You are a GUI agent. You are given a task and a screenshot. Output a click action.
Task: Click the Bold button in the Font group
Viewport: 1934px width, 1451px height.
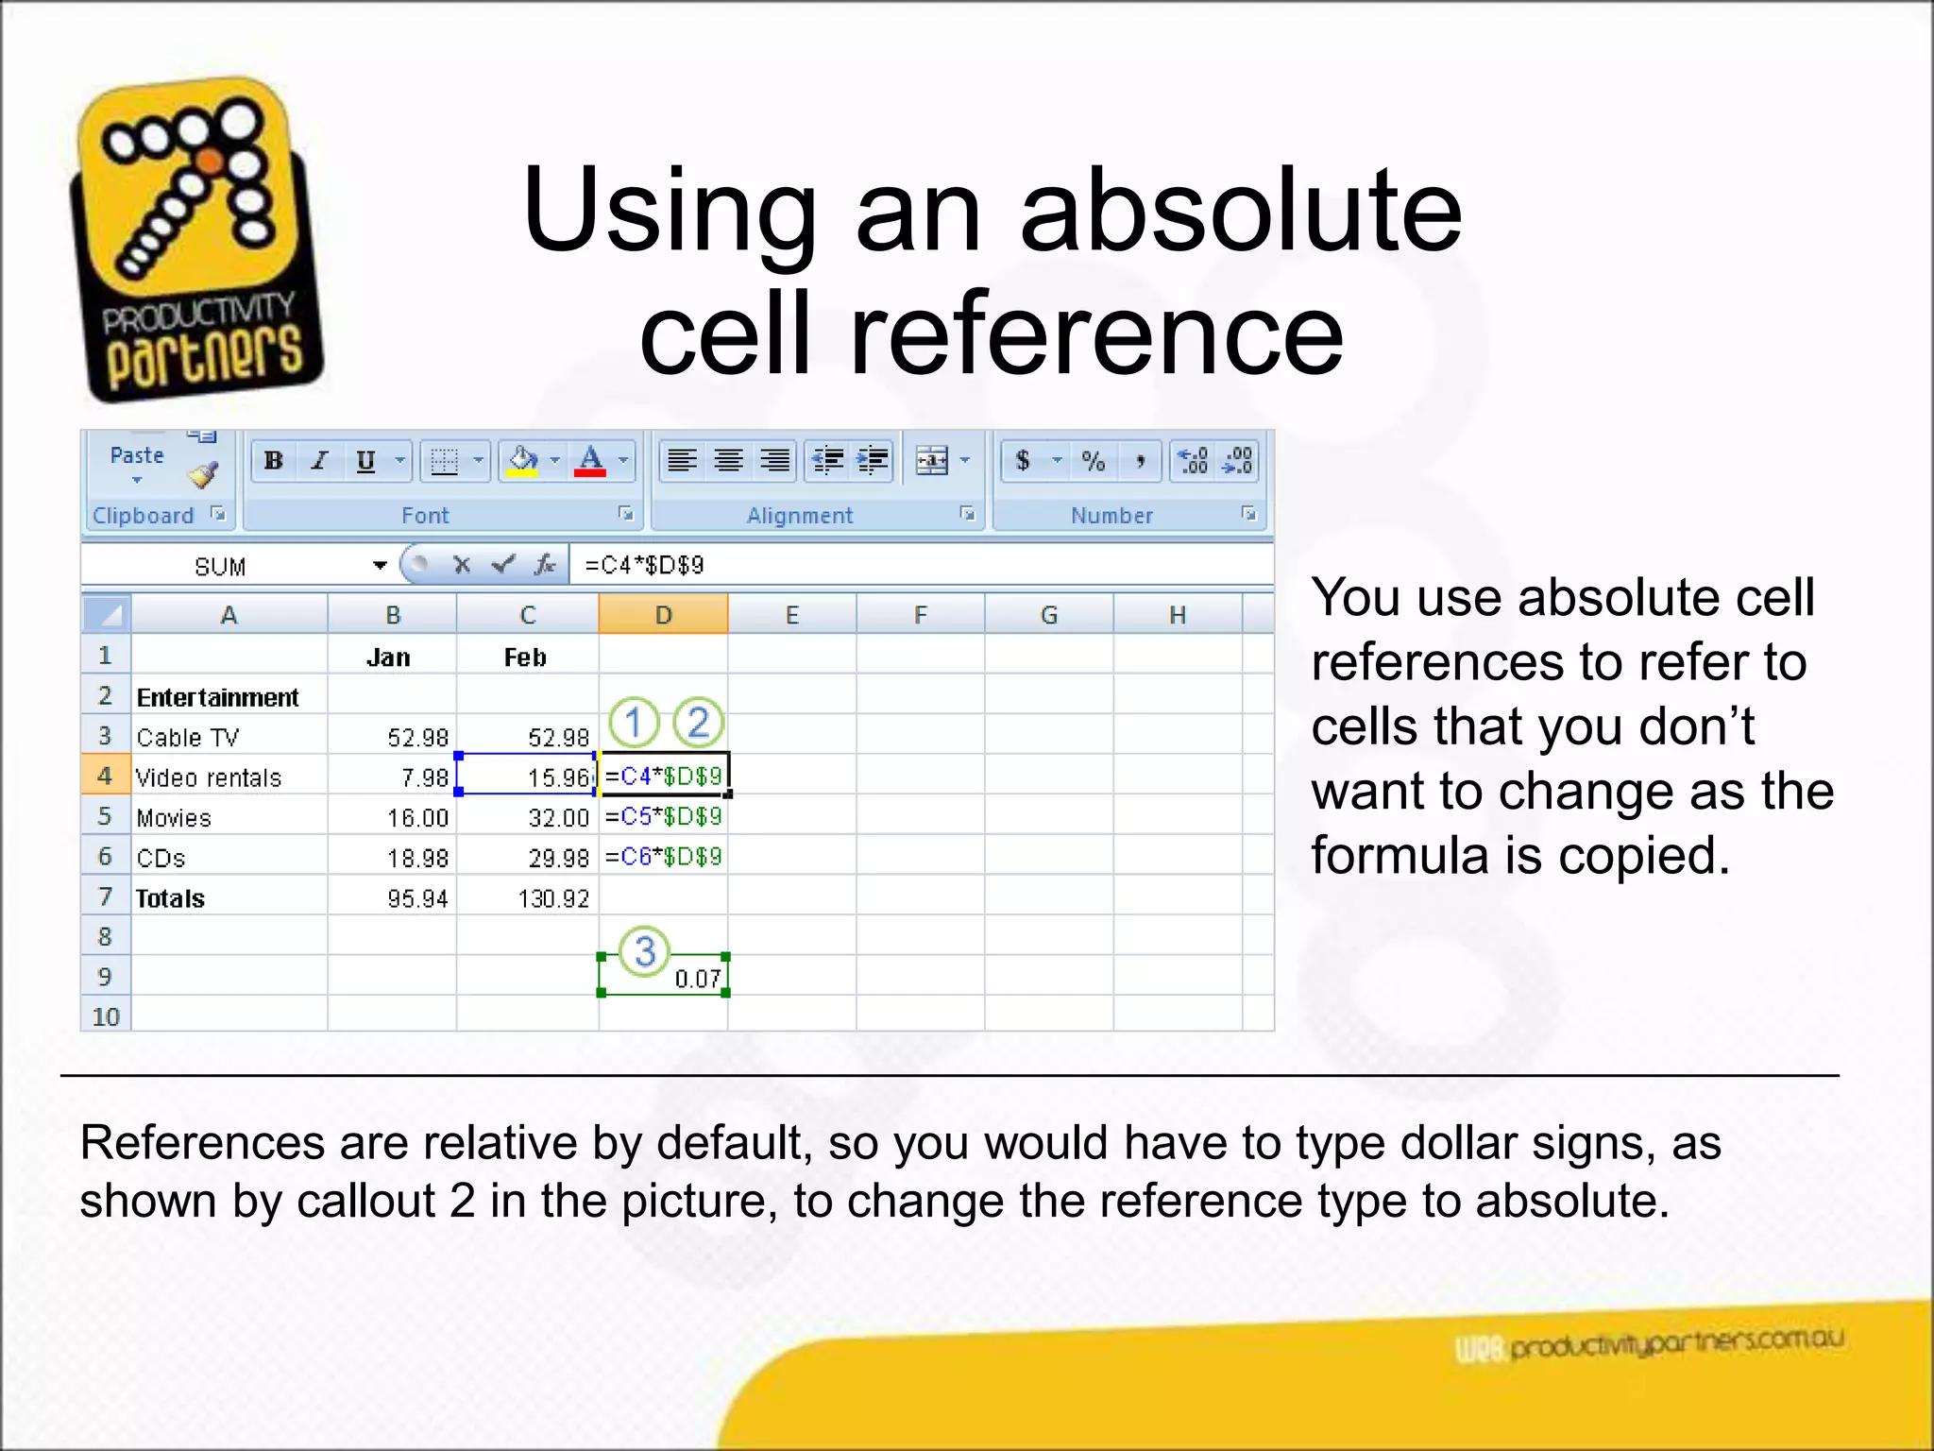tap(274, 461)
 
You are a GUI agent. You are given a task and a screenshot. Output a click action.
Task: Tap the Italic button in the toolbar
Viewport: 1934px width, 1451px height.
tap(320, 461)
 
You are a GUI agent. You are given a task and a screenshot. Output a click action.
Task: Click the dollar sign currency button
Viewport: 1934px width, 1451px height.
tap(1023, 461)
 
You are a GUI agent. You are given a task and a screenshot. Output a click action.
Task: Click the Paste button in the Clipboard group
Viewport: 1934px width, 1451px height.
tap(137, 456)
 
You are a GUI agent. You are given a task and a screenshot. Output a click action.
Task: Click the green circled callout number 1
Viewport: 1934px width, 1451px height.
tap(634, 723)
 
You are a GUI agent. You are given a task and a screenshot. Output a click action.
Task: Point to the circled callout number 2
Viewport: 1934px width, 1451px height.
tap(698, 723)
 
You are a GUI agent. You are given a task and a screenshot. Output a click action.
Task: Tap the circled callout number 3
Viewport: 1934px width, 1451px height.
tap(645, 951)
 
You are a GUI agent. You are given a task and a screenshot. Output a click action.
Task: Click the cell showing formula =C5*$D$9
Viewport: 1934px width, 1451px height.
tap(663, 816)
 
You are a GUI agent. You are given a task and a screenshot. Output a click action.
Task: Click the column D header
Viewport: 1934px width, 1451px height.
tap(663, 615)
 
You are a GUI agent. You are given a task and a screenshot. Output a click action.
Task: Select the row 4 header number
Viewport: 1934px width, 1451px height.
tap(105, 777)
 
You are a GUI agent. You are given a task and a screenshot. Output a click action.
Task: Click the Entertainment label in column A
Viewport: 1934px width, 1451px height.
tap(217, 697)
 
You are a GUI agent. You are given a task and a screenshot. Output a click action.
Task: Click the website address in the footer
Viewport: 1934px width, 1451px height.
tap(1675, 1343)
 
